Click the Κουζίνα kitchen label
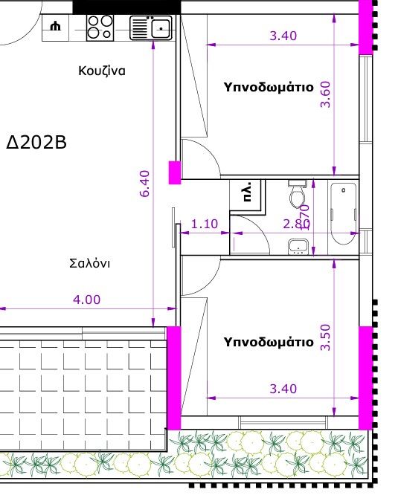tap(101, 71)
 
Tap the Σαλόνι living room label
tap(90, 263)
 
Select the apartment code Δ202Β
tap(36, 142)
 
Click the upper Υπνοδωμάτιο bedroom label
tap(269, 87)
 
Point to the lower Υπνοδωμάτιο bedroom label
tap(269, 343)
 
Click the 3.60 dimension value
tap(324, 94)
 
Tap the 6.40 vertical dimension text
tap(145, 184)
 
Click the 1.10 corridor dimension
tap(205, 224)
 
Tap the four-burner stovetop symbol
tap(99, 27)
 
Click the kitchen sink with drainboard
tap(151, 28)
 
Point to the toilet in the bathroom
tap(298, 195)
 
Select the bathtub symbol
tap(343, 213)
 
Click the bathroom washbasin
tap(298, 245)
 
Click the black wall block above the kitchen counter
tap(126, 6)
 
